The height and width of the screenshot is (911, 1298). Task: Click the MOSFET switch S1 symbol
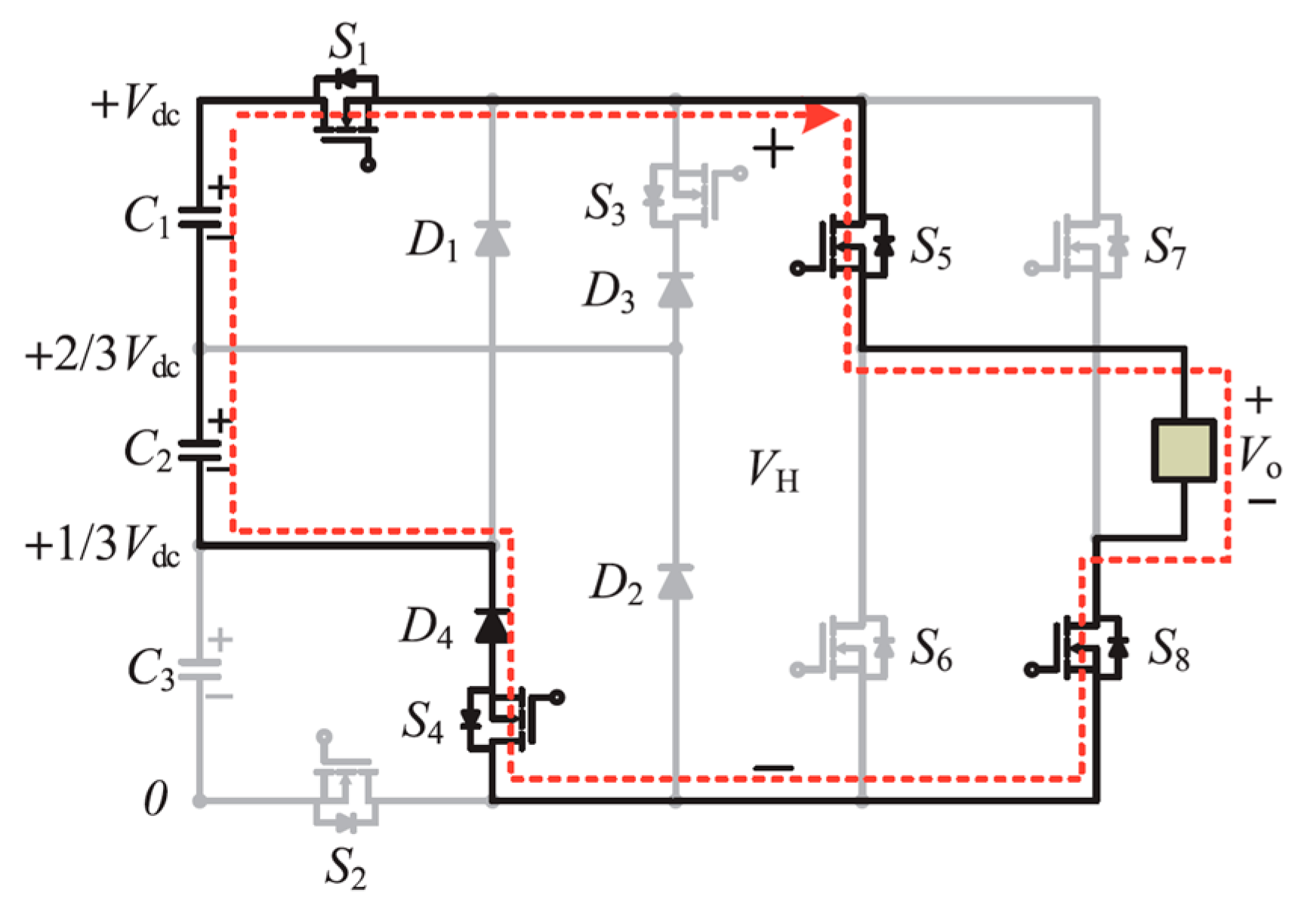click(x=346, y=106)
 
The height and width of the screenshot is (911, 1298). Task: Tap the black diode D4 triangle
click(x=492, y=626)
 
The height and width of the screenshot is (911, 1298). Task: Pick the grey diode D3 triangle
click(x=675, y=290)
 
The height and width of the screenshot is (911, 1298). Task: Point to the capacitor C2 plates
click(x=199, y=450)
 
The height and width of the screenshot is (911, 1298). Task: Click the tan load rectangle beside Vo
click(x=1183, y=451)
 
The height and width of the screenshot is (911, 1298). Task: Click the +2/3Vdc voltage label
click(x=103, y=355)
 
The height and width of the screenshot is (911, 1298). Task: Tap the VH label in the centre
click(x=772, y=472)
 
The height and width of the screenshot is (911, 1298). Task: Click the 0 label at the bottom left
click(x=155, y=799)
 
